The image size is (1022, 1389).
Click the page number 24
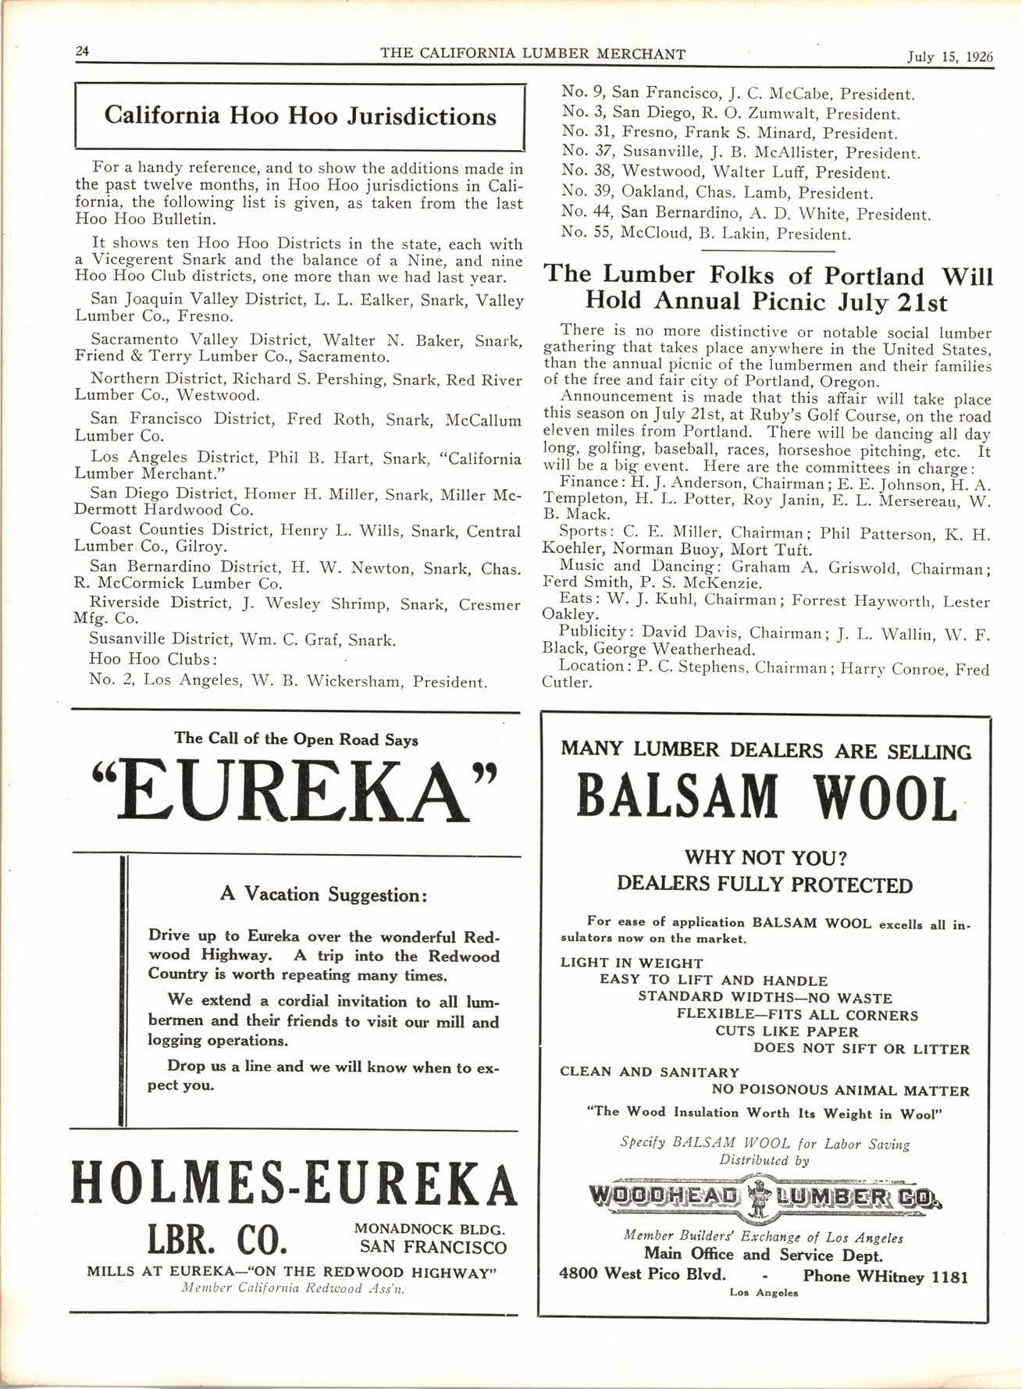(82, 52)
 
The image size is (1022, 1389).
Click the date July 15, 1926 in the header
(949, 55)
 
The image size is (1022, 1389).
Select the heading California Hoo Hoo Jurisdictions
(300, 116)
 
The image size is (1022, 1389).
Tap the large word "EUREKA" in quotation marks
(295, 791)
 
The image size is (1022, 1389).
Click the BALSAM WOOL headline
(766, 796)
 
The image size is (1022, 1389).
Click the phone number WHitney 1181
(885, 1277)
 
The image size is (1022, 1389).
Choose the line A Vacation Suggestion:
(323, 894)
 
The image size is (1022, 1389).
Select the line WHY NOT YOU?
(765, 858)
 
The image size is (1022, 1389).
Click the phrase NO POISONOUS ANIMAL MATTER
(840, 1091)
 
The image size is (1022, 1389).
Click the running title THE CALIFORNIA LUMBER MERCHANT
(532, 53)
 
